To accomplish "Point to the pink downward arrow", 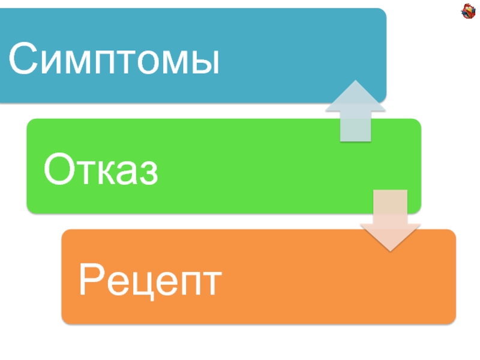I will [389, 220].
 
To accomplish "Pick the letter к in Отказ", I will [102, 173].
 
